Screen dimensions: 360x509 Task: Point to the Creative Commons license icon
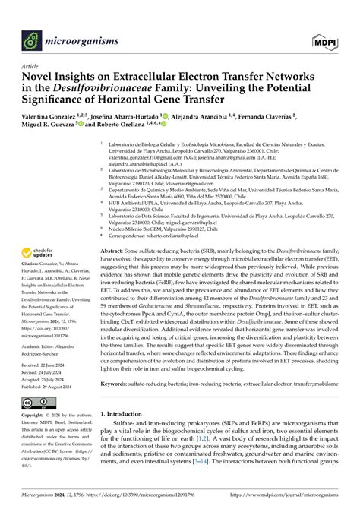click(36, 400)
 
